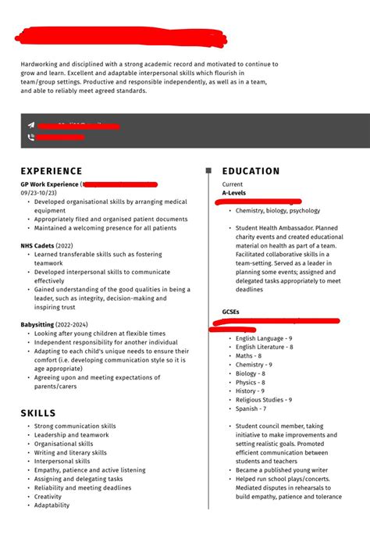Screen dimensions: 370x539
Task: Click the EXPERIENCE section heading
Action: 52,171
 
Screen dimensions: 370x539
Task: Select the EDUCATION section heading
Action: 251,171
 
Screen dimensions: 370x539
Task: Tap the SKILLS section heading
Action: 38,412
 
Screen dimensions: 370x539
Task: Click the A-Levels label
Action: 235,192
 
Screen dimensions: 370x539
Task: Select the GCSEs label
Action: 231,311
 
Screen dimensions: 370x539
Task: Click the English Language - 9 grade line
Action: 264,338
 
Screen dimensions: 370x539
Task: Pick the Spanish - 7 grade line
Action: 251,409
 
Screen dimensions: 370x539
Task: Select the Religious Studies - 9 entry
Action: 264,399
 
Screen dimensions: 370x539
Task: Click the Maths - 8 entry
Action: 250,355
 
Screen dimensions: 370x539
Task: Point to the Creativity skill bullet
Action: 48,496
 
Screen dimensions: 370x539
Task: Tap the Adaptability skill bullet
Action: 52,505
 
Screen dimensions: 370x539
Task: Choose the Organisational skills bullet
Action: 63,444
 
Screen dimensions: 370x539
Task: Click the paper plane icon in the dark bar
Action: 31,125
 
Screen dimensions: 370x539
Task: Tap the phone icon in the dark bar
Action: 31,137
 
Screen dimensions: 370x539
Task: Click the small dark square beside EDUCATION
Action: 208,170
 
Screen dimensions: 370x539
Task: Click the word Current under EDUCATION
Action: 233,184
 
